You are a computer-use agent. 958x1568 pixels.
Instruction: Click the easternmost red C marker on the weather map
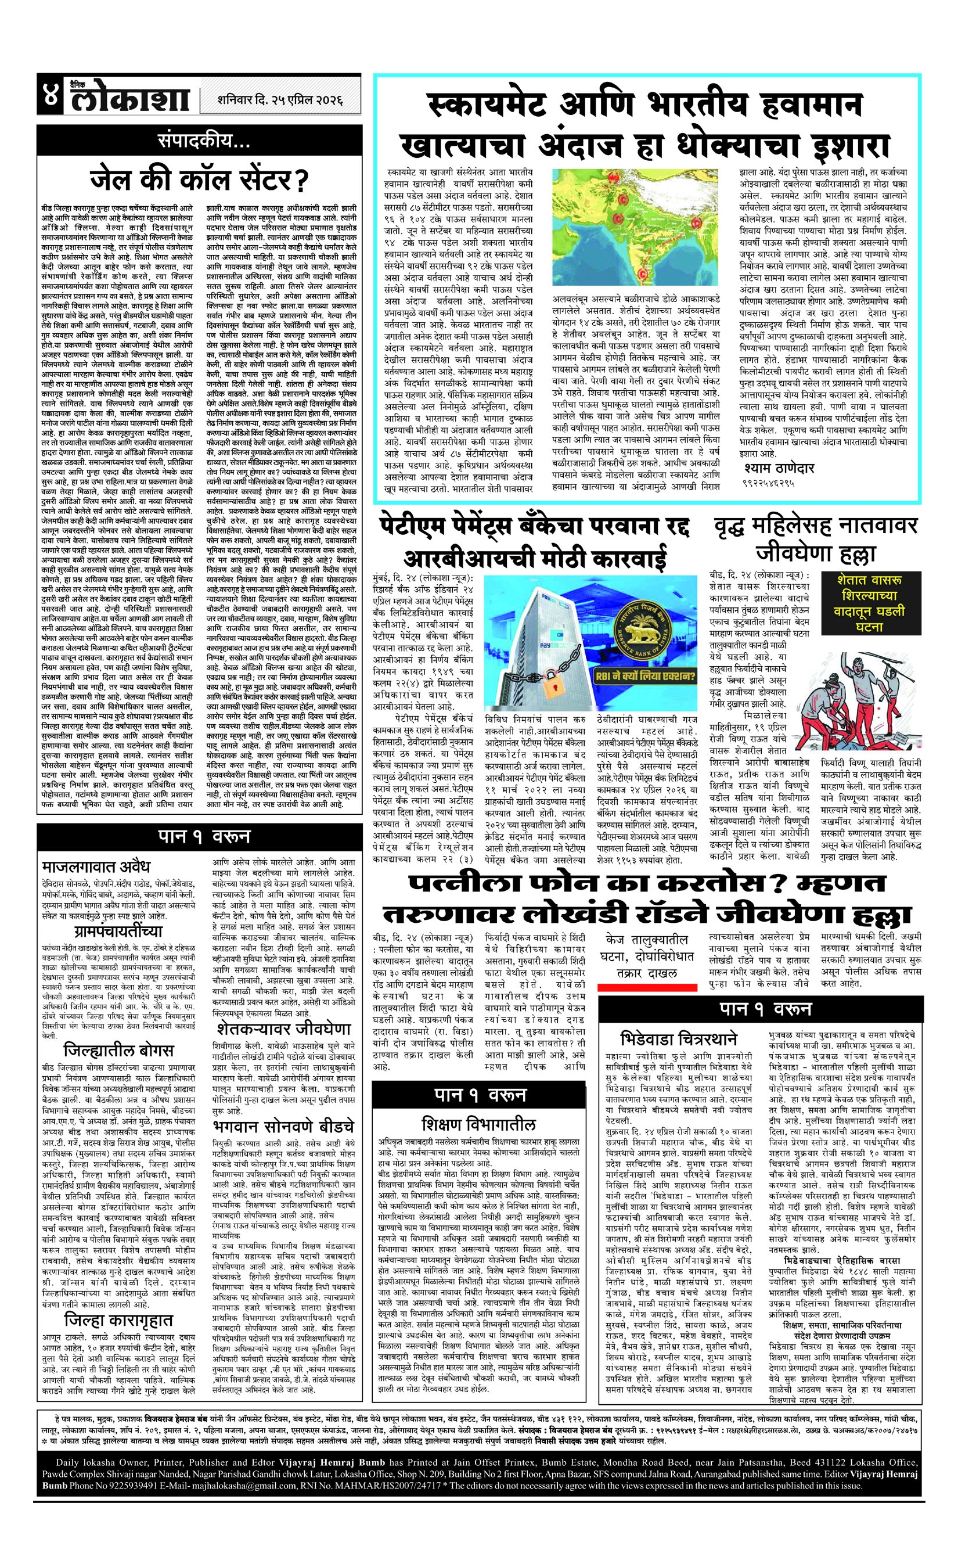pos(697,223)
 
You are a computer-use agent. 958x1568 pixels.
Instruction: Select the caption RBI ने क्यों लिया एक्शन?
pos(646,675)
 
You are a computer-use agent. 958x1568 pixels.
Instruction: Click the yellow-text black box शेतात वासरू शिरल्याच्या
pos(869,602)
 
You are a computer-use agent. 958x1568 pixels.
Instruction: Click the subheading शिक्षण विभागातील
pos(478,1124)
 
